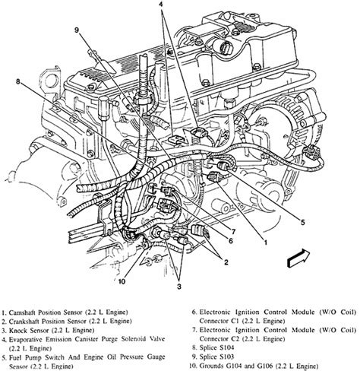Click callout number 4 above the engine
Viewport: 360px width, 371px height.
[161, 4]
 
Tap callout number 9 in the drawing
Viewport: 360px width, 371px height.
[77, 30]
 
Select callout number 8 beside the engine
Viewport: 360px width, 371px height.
[17, 81]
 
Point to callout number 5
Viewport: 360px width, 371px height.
[303, 223]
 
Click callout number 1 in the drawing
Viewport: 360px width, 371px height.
[266, 243]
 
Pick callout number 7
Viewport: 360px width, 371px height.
[233, 231]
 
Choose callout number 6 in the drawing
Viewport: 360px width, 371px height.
[230, 240]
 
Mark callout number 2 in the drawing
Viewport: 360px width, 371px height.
[226, 262]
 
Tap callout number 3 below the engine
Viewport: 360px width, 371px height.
[179, 287]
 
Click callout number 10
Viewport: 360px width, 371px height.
[122, 281]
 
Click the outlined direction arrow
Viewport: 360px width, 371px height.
[299, 258]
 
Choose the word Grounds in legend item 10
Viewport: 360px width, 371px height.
[212, 366]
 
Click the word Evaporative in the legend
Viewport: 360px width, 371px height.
[25, 340]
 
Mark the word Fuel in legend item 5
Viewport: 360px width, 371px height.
[14, 357]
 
